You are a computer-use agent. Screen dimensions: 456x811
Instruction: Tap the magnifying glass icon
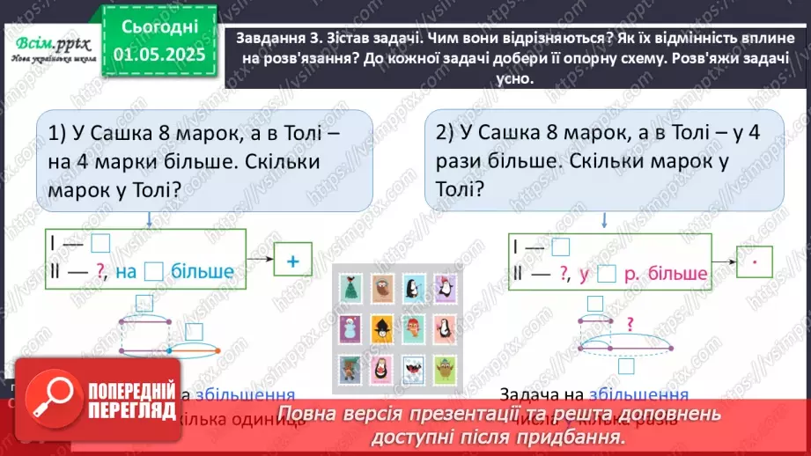click(50, 401)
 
